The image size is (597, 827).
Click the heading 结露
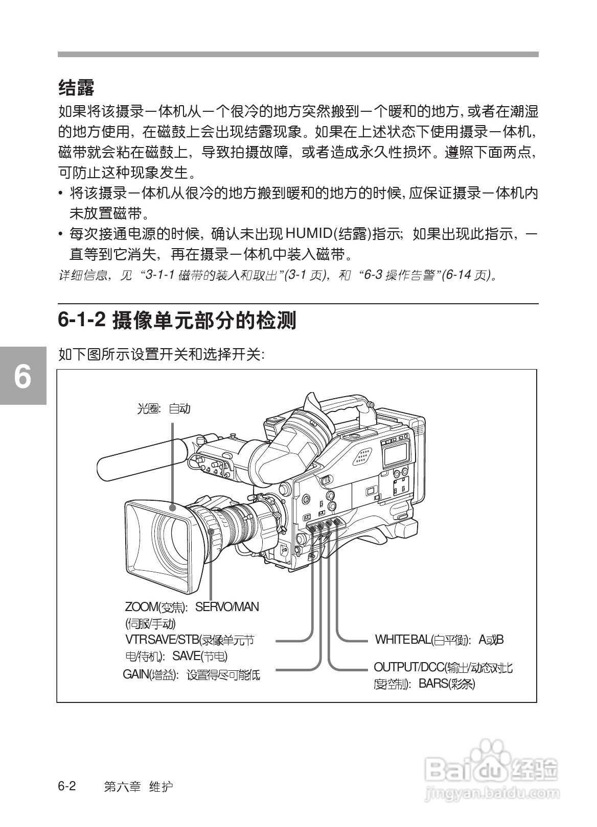(x=76, y=88)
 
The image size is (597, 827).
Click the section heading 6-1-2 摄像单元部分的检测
(x=177, y=320)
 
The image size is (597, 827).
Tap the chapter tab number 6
(x=22, y=377)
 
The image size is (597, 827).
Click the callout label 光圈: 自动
(x=164, y=408)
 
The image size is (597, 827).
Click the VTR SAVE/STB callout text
(x=189, y=640)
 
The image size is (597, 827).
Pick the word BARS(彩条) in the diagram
(x=447, y=684)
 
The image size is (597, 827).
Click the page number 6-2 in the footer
(x=66, y=786)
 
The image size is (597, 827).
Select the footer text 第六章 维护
(x=138, y=787)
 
